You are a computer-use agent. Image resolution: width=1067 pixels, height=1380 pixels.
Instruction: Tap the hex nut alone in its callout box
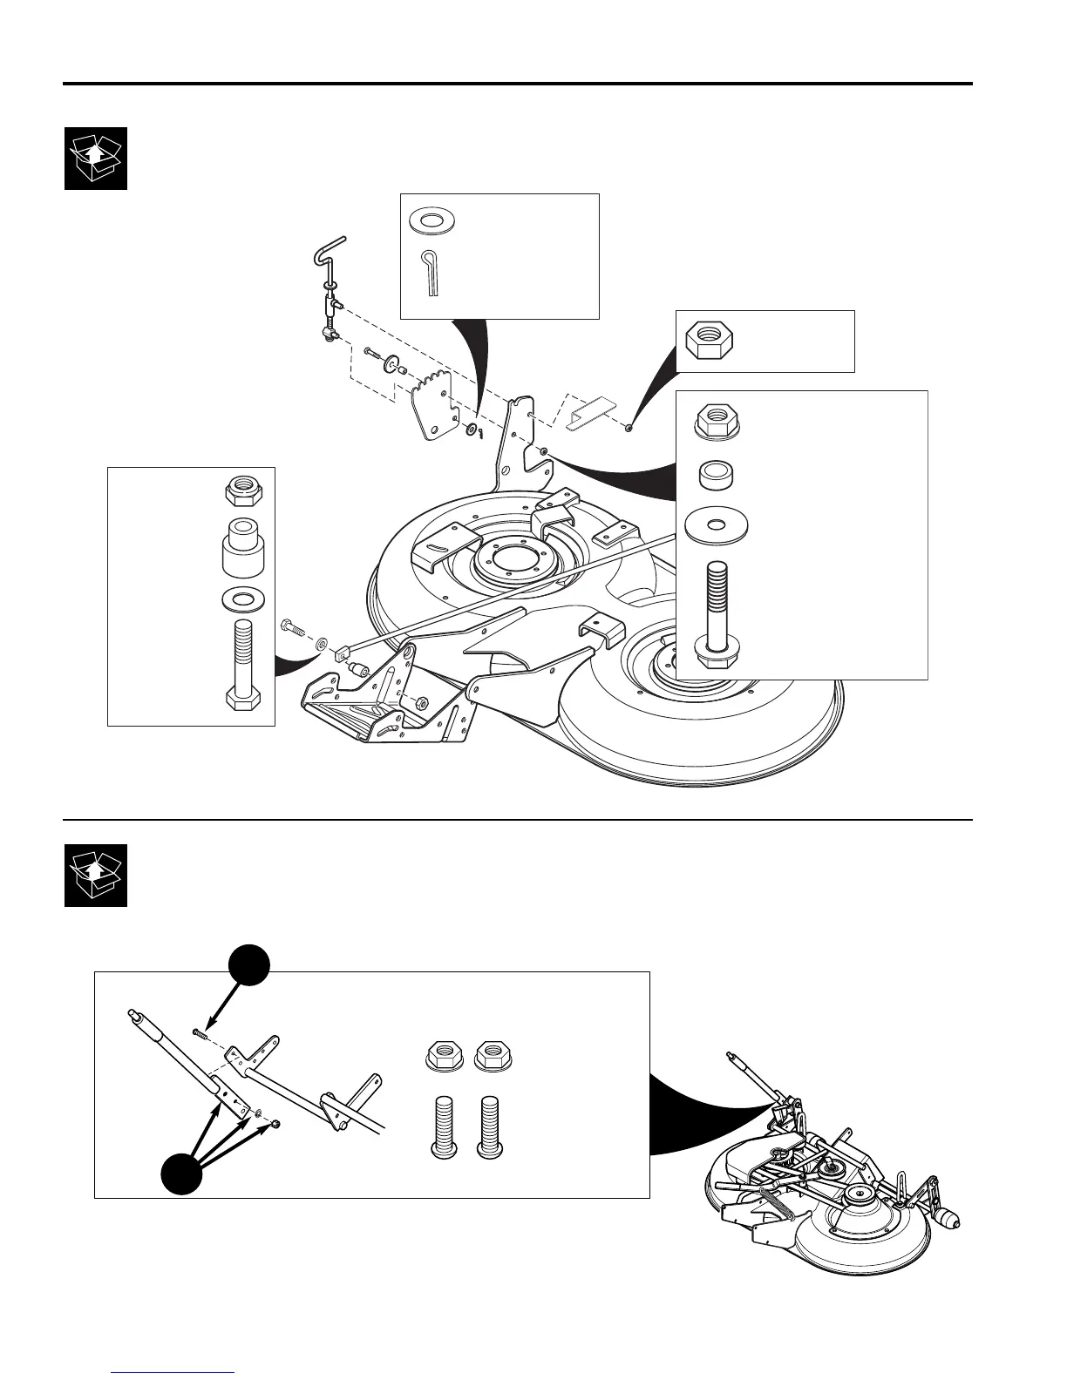[x=710, y=341]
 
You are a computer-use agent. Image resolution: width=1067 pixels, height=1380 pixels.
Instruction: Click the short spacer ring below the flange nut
[x=716, y=476]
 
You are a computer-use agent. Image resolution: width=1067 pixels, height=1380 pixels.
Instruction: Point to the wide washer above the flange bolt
[x=716, y=525]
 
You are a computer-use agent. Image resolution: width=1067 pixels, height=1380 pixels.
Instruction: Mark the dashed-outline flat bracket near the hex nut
[x=590, y=409]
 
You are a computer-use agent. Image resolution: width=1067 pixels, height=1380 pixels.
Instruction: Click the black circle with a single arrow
[x=249, y=968]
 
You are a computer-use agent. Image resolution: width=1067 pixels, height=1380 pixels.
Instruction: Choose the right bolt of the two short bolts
[x=490, y=1129]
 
